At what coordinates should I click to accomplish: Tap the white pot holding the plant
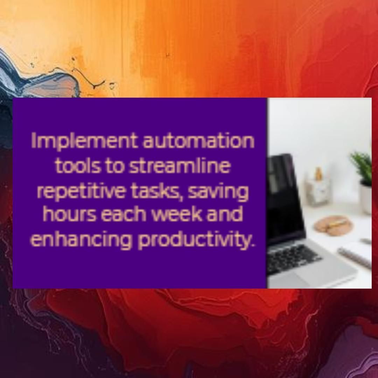point(366,198)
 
